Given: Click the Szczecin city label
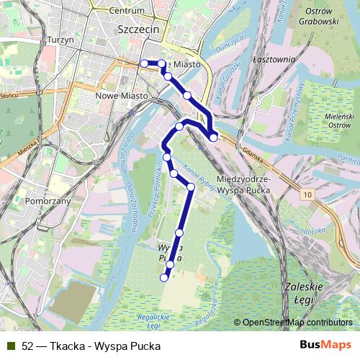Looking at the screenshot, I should coord(137,30).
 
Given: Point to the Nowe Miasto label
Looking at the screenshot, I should coord(122,95).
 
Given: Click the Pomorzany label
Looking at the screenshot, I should coord(48,202).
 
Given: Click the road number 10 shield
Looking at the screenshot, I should coord(308,195).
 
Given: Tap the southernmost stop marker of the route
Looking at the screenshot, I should coord(164,277).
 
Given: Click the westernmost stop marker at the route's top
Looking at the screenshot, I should coord(144,63).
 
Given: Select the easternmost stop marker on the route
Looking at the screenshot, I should coord(214,137).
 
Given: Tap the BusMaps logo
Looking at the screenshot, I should coord(325,345).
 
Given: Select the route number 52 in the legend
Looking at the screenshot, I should coord(27,345).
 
